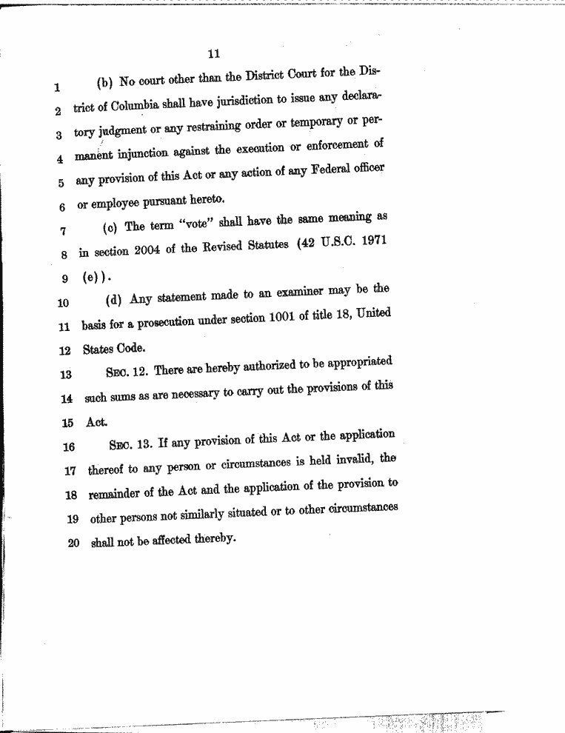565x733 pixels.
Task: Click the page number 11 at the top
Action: [x=214, y=53]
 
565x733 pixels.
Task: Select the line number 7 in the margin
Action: [x=63, y=230]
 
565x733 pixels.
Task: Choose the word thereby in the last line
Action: [x=215, y=539]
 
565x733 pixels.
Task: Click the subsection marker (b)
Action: [x=104, y=81]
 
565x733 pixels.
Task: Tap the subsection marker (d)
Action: [x=115, y=300]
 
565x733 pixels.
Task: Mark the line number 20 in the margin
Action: [x=74, y=543]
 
